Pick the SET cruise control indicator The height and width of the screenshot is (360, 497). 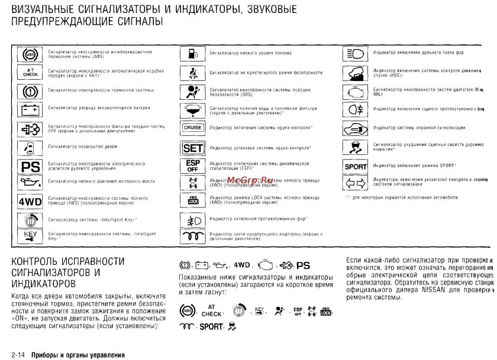tap(192, 147)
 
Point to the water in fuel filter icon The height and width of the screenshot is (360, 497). tap(192, 110)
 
